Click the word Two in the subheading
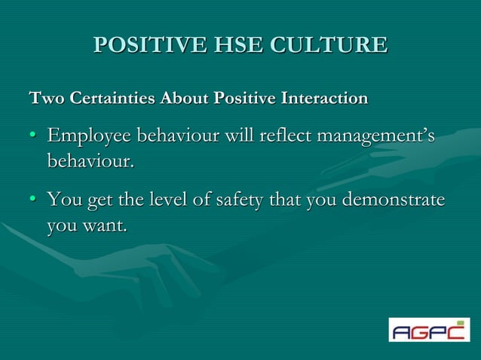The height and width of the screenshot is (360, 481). pos(42,98)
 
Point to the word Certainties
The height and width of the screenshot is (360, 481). pos(107,98)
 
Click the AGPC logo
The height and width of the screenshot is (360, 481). pos(428,330)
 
